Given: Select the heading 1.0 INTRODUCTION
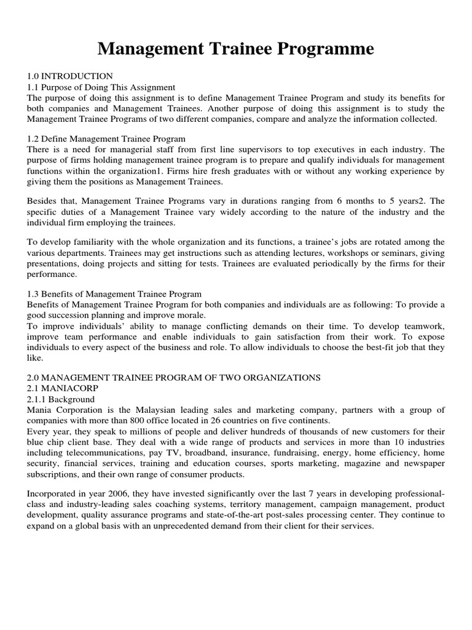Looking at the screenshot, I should [x=69, y=76].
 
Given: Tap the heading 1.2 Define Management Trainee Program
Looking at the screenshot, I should [x=106, y=138].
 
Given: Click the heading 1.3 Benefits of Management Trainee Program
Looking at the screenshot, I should [x=114, y=294].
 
